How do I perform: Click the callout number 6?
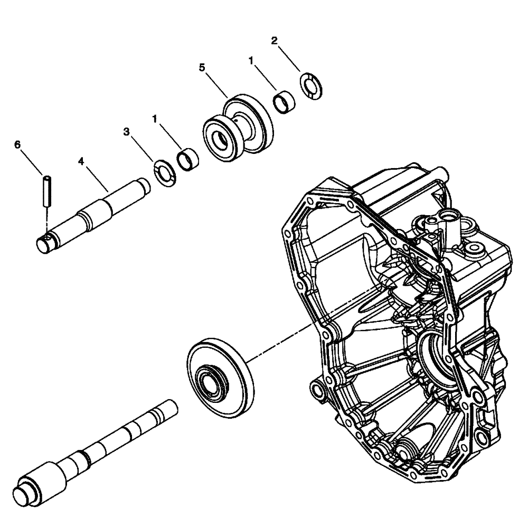click(x=17, y=144)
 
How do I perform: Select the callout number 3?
click(x=127, y=131)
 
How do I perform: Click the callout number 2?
click(x=274, y=41)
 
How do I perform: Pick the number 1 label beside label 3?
click(x=155, y=119)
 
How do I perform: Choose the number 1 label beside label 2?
click(x=252, y=61)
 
